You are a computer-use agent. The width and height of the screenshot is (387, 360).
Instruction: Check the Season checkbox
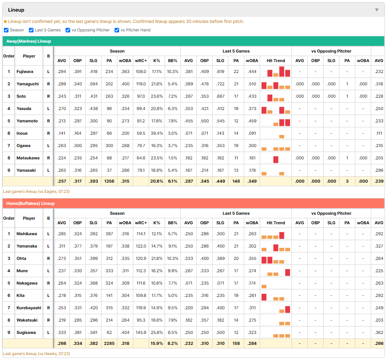(x=6, y=30)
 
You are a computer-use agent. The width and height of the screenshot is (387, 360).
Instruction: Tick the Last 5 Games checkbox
(x=31, y=30)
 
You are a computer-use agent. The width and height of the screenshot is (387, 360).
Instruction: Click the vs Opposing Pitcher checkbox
(x=68, y=30)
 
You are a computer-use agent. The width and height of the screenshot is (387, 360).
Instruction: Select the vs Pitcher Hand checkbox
(x=117, y=30)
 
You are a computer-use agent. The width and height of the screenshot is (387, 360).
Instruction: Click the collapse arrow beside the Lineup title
(x=377, y=10)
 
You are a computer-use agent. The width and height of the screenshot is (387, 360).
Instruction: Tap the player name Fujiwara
(x=25, y=72)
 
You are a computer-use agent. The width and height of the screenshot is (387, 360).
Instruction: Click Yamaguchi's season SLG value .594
(x=93, y=84)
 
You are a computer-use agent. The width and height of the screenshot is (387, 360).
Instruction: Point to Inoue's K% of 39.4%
(x=157, y=133)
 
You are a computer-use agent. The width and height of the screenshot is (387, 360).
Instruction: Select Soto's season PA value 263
(x=109, y=96)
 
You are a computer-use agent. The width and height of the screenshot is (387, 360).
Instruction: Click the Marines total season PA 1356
(x=109, y=181)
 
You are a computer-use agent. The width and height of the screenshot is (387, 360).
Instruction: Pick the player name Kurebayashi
(x=29, y=308)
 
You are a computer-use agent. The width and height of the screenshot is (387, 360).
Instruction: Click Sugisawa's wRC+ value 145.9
(x=141, y=332)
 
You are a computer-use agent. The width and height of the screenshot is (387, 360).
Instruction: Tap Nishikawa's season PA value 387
(x=109, y=234)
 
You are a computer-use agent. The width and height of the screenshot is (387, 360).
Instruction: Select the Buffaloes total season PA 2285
(x=109, y=343)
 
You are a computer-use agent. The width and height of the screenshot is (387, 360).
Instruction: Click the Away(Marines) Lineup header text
(x=29, y=41)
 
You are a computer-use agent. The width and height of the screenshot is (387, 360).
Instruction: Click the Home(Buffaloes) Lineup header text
(x=30, y=203)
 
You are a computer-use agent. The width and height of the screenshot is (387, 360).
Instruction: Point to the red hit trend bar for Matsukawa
(x=276, y=159)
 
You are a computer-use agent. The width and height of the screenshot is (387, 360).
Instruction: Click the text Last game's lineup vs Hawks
(x=37, y=354)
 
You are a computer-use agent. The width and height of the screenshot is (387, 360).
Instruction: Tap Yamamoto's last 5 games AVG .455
(x=189, y=121)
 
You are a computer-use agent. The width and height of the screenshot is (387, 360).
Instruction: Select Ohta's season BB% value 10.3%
(x=172, y=258)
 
